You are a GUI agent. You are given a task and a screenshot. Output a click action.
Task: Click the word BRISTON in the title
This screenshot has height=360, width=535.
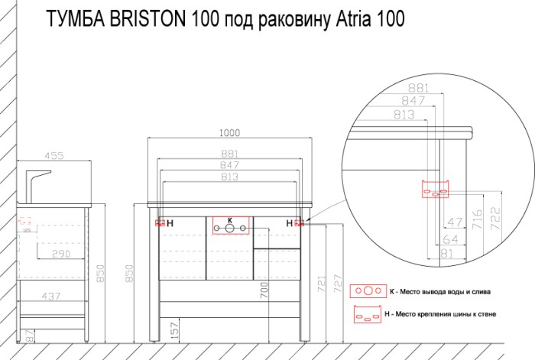tap(142, 18)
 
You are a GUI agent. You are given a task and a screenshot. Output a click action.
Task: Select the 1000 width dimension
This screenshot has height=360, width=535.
tap(229, 131)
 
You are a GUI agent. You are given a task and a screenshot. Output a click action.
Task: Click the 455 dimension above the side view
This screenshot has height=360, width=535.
tap(52, 155)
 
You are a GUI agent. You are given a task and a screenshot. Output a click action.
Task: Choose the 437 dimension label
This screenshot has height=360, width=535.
tap(53, 295)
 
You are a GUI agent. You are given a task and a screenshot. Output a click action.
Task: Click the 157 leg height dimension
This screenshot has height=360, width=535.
tap(174, 332)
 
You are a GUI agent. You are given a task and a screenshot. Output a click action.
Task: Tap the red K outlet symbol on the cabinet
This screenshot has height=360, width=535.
tap(229, 227)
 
